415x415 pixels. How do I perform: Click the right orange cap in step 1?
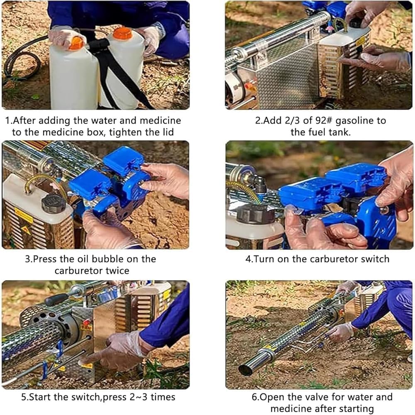(x=123, y=33)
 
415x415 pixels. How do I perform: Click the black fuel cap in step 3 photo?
(x=54, y=203)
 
